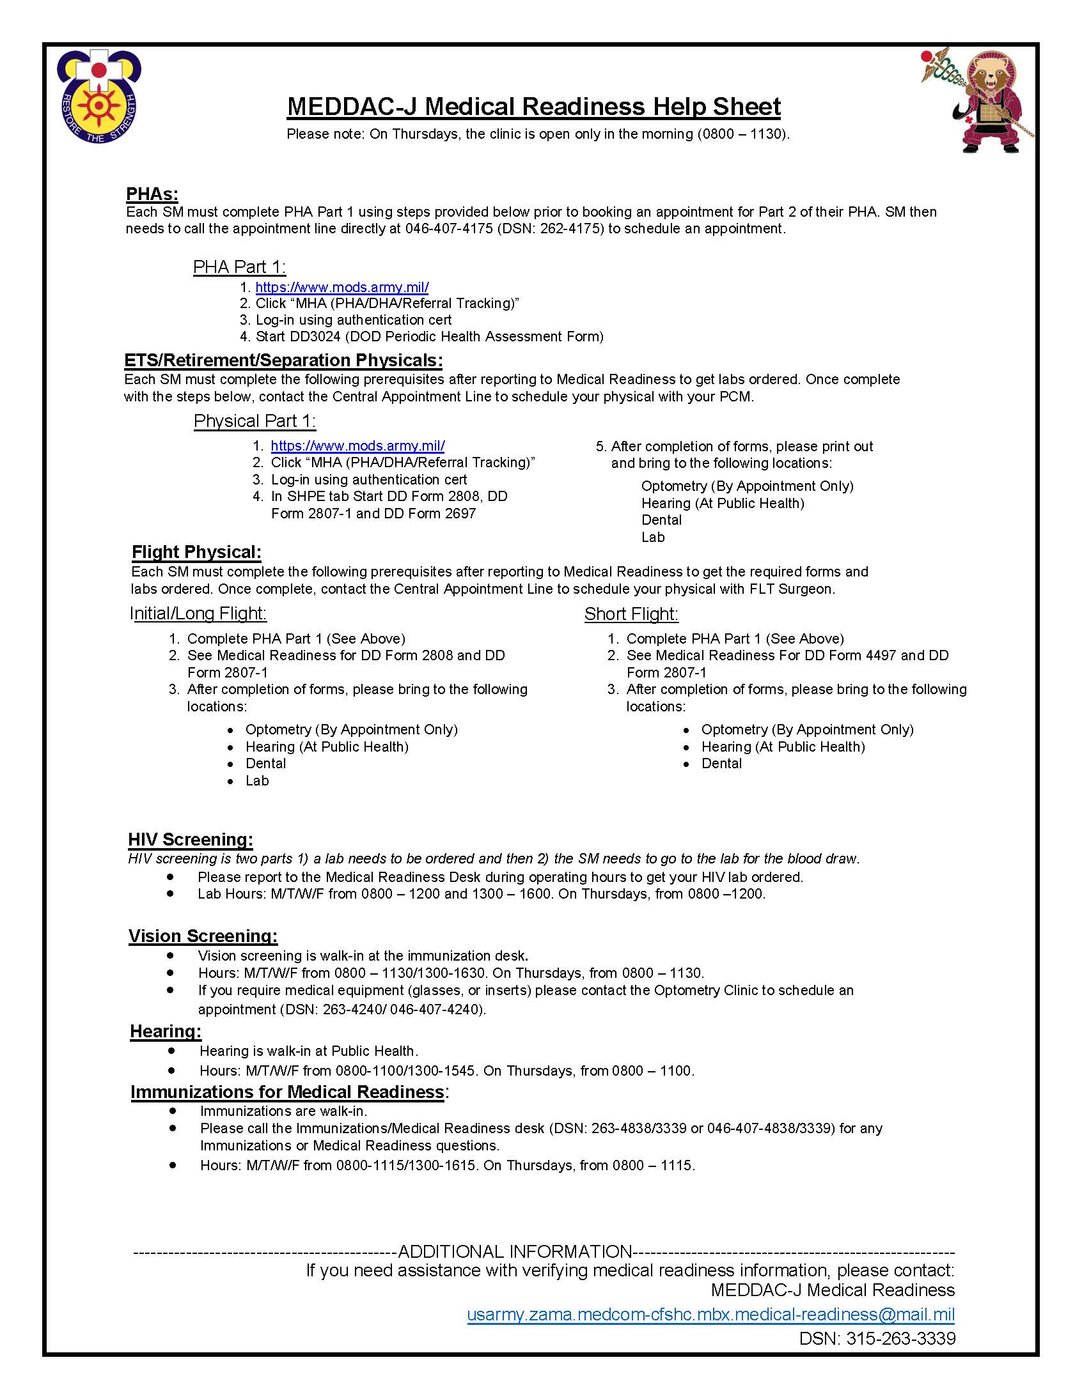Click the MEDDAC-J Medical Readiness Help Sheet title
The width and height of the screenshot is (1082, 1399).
534,106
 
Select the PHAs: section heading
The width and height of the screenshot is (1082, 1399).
152,194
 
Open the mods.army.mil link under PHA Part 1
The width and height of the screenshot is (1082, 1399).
341,287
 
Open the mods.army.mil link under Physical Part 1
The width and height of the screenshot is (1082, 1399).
357,446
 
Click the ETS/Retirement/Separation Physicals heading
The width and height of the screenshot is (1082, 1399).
283,360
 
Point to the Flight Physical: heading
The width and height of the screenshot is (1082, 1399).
196,552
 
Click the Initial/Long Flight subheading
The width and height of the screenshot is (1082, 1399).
198,614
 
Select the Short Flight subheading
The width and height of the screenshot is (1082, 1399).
631,614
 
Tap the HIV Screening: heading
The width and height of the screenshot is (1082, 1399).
191,840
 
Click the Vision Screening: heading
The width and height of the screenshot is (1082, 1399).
203,936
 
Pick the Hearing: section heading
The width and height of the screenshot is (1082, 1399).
166,1032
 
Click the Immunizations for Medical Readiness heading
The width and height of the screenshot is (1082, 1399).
287,1092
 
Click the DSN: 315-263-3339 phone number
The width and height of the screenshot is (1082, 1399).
877,1338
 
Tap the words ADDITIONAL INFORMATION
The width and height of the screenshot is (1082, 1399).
515,1251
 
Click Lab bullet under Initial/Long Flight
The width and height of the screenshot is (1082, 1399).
257,781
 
